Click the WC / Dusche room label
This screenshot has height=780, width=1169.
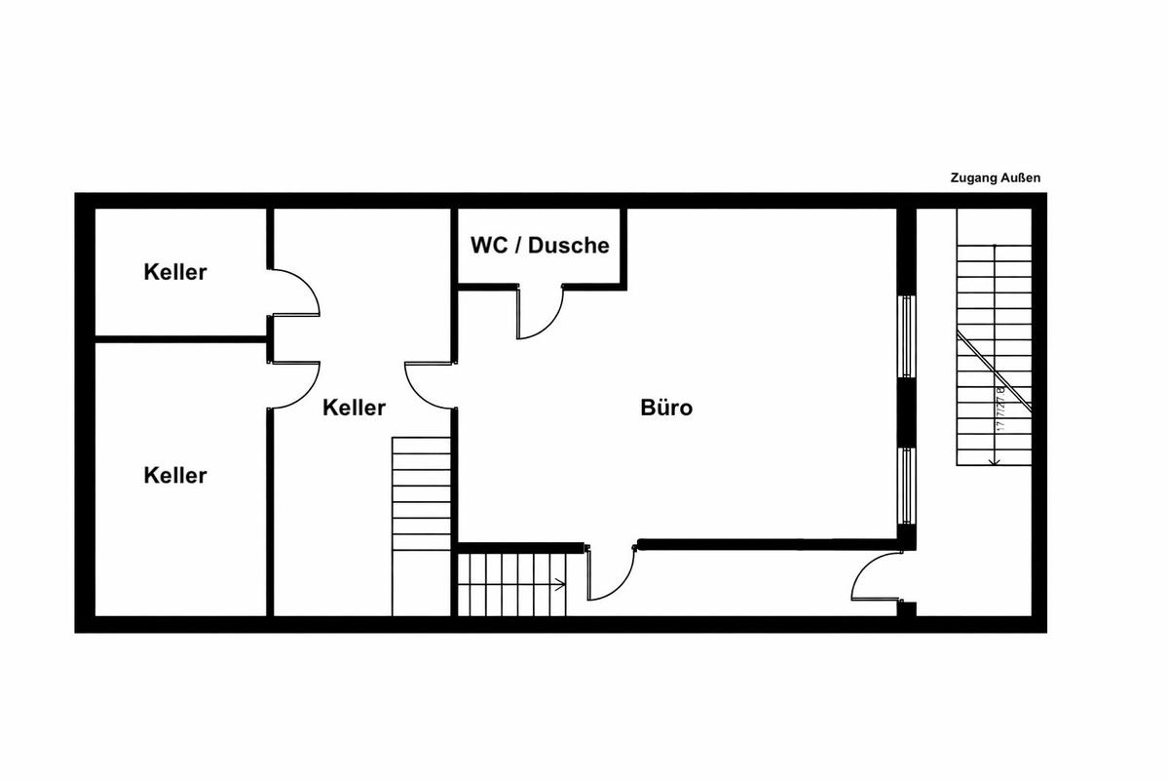pos(540,245)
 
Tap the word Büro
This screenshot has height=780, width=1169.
pos(667,408)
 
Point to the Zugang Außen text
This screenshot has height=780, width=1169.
pos(996,178)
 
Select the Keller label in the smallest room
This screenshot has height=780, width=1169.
pos(175,272)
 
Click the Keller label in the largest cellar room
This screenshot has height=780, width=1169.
pos(175,476)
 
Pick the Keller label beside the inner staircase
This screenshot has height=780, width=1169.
pos(354,408)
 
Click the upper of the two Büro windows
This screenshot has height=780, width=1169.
pos(907,336)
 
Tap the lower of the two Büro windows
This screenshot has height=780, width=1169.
pos(907,485)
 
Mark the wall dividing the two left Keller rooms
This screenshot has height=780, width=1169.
pos(181,339)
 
